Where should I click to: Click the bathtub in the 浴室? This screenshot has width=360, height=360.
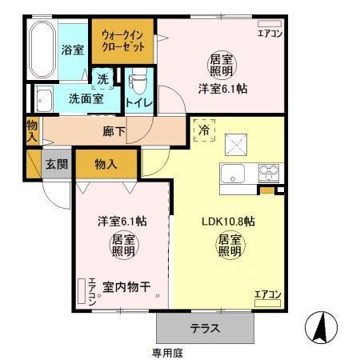coord(42,50)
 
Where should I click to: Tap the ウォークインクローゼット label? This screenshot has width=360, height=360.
coord(123,41)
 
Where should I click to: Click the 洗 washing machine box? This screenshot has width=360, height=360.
coord(103,78)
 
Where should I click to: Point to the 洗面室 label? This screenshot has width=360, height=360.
coord(84,101)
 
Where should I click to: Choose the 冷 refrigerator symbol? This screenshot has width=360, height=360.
coord(203,129)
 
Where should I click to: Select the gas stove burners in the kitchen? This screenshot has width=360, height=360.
coord(267,171)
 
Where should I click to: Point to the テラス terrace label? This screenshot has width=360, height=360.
coord(206,328)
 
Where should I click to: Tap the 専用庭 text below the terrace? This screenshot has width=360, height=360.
coord(169,352)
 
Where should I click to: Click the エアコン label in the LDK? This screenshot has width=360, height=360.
coord(267,295)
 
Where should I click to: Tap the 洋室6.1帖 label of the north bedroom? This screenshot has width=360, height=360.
coord(222,90)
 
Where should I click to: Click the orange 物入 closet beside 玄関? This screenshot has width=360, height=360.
coord(106,164)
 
